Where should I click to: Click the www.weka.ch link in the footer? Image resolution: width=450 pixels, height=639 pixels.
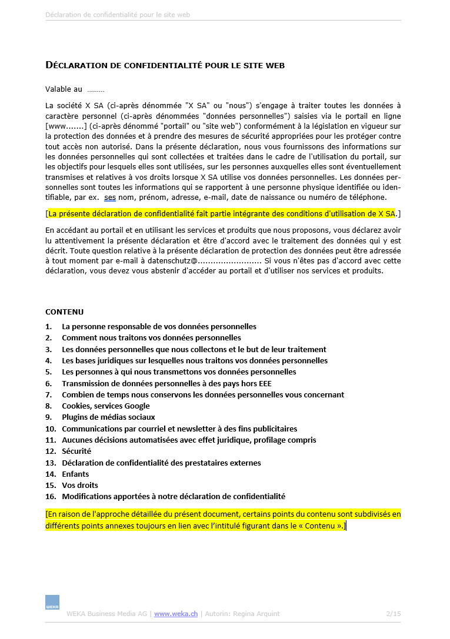[x=175, y=614]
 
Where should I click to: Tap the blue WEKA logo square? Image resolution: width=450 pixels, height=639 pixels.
[x=52, y=602]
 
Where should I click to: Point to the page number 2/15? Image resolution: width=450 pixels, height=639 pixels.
[x=394, y=614]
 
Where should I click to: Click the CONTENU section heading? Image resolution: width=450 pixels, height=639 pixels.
[x=65, y=312]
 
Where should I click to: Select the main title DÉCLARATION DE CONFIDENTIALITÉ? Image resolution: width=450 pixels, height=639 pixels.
[x=165, y=65]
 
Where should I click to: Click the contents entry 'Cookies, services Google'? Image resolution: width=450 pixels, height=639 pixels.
[x=106, y=406]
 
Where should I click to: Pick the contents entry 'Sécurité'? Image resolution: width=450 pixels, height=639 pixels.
[x=76, y=451]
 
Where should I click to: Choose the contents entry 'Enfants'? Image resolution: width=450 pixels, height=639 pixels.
[x=75, y=474]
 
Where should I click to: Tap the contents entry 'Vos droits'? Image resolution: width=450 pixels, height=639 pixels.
[x=80, y=485]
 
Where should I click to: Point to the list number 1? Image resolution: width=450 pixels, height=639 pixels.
[x=48, y=326]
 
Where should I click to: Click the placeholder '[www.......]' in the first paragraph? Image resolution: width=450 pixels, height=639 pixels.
[x=66, y=126]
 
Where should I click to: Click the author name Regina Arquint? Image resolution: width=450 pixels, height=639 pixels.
[x=256, y=614]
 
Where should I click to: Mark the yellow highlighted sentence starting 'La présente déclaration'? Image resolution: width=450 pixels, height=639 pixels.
[x=222, y=213]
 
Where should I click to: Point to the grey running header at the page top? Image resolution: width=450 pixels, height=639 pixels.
[x=118, y=15]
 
